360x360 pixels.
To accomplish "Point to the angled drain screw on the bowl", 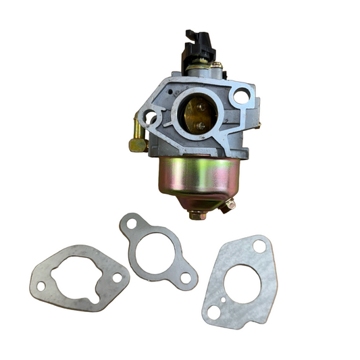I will click(x=230, y=203).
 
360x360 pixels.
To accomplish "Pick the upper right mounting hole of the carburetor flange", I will click(x=240, y=96).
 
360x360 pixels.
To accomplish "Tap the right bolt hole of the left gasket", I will click(x=117, y=277).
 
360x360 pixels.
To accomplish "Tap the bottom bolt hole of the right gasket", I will click(x=214, y=312).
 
